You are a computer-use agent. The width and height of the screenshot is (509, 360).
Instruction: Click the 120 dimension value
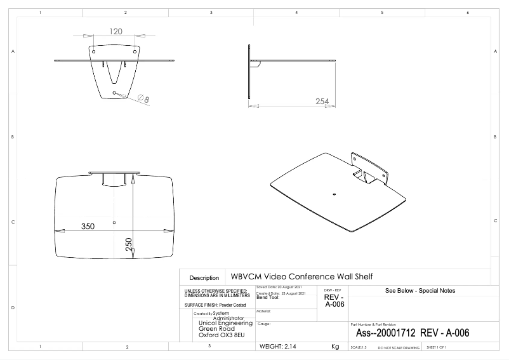coord(116,31)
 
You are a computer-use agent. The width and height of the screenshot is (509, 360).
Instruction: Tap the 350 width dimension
coord(88,227)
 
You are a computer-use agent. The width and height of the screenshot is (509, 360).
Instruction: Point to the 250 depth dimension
coord(129,244)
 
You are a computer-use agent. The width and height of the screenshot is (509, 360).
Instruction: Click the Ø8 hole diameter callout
coord(143,99)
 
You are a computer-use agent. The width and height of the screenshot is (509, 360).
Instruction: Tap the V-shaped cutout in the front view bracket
coord(115,72)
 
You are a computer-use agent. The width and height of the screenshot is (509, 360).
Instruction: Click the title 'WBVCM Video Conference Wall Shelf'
coord(301,277)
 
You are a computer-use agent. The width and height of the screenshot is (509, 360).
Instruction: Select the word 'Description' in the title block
coord(204,278)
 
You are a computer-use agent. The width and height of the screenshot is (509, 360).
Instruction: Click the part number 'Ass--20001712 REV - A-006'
coord(413,333)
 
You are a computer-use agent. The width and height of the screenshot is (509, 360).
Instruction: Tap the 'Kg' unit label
coord(335,347)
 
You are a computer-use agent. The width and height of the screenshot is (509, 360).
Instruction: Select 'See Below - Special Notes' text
coord(420,291)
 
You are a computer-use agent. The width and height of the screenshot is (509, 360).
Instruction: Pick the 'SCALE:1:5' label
coord(359,348)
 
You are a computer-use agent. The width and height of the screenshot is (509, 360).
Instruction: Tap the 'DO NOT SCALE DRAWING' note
coord(399,348)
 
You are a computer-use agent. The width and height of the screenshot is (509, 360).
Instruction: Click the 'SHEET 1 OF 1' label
coord(437,348)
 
